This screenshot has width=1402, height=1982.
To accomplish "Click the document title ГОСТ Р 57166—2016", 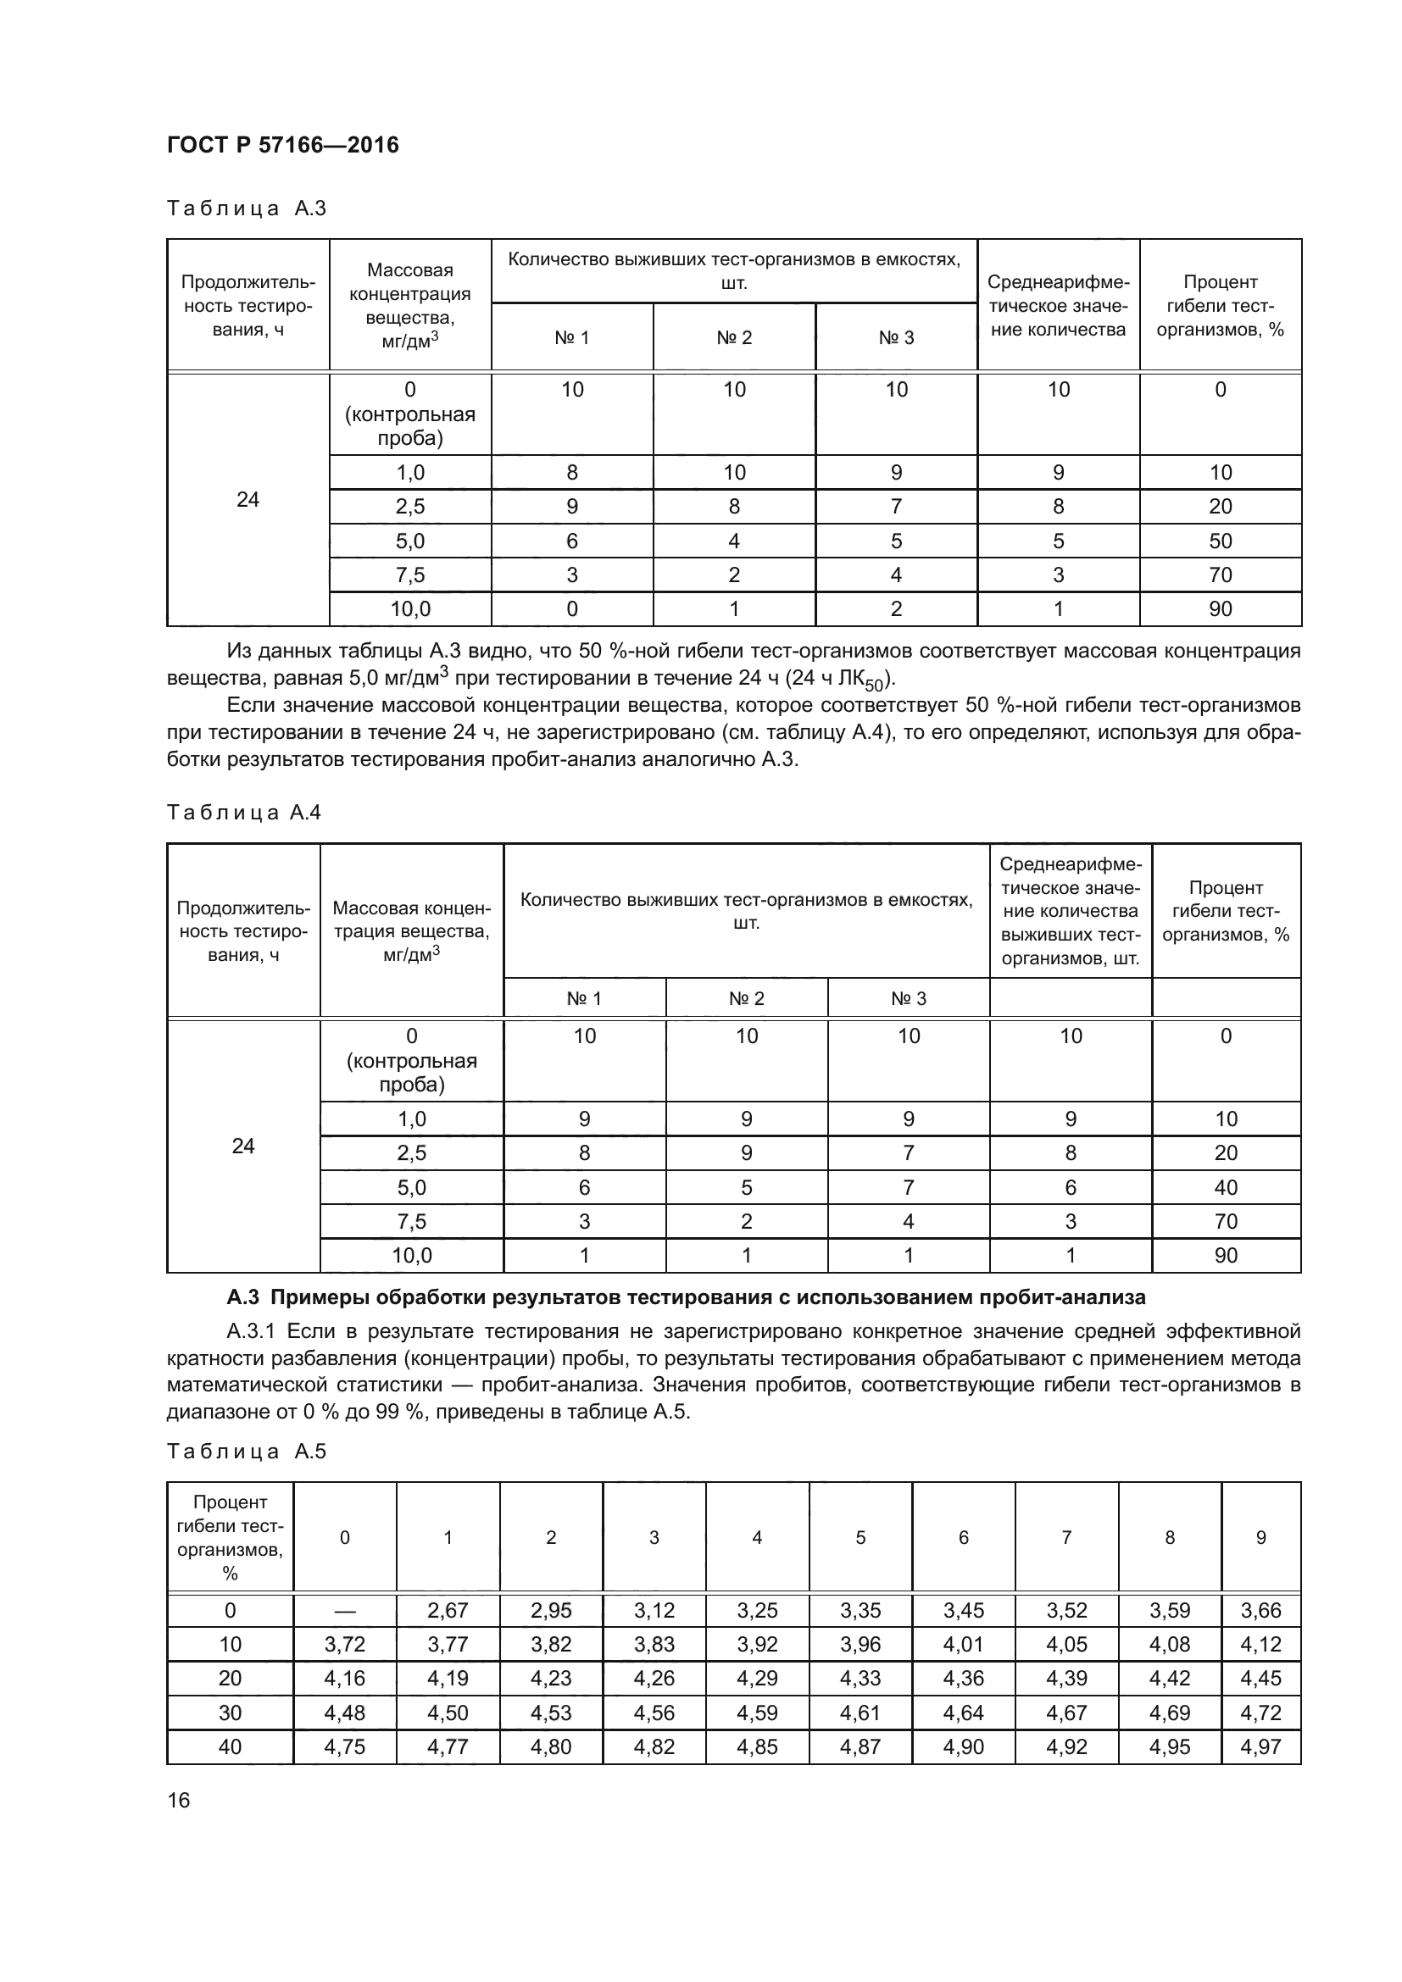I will pyautogui.click(x=282, y=145).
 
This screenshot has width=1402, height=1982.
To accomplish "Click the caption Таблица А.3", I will pyautogui.click(x=246, y=208).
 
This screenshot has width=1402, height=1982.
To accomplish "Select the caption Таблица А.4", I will pyautogui.click(x=243, y=813).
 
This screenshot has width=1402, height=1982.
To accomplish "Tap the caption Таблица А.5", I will pyautogui.click(x=246, y=1451).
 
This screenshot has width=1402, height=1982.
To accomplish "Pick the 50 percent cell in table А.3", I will pyautogui.click(x=1220, y=541).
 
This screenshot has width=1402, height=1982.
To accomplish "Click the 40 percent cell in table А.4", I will pyautogui.click(x=1225, y=1187).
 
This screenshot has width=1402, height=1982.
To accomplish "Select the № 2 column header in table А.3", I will pyautogui.click(x=734, y=337).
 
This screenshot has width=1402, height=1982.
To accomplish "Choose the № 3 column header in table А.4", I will pyautogui.click(x=908, y=999).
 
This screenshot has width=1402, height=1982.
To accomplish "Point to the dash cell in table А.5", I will pyautogui.click(x=344, y=1611).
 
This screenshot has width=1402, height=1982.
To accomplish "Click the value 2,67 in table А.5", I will pyautogui.click(x=448, y=1611).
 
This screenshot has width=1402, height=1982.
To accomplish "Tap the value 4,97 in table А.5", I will pyautogui.click(x=1260, y=1746).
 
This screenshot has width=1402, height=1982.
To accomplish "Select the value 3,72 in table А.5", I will pyautogui.click(x=344, y=1645).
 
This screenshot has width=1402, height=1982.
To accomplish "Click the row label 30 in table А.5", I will pyautogui.click(x=230, y=1713).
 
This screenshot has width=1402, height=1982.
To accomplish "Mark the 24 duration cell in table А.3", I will pyautogui.click(x=248, y=499).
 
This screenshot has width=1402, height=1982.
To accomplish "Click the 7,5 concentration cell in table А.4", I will pyautogui.click(x=412, y=1222).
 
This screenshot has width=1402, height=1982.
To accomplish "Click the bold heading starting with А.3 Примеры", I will pyautogui.click(x=687, y=1297).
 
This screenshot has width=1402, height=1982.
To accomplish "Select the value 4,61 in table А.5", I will pyautogui.click(x=860, y=1713).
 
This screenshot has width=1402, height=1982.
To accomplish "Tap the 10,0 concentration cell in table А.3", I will pyautogui.click(x=410, y=609).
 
